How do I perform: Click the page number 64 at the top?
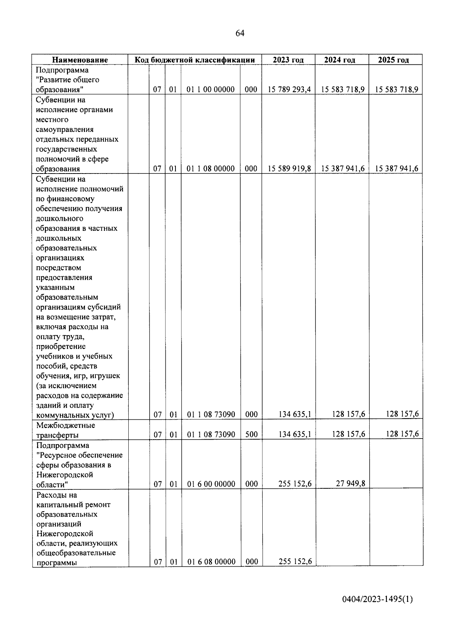[240, 34]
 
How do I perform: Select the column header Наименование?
[80, 60]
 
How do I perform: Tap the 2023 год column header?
[288, 60]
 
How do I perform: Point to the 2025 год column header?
[395, 60]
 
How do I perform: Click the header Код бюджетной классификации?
[195, 60]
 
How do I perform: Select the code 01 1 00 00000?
[211, 90]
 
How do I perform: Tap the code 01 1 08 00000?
[211, 169]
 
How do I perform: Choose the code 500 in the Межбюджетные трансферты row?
[251, 434]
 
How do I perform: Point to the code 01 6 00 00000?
[211, 484]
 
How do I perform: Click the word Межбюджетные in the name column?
[65, 425]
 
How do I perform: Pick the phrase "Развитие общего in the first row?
[67, 80]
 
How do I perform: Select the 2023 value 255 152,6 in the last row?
[295, 561]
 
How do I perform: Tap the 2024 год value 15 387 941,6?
[343, 169]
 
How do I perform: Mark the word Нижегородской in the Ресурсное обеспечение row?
[65, 475]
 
